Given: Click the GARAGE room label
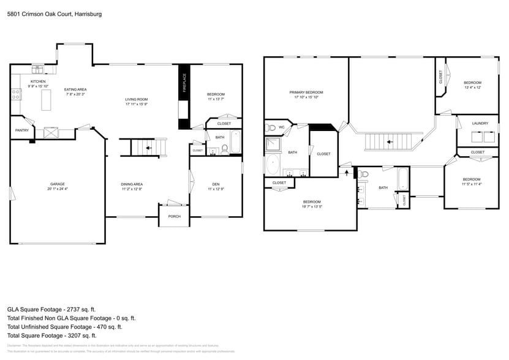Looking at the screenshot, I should pos(58,184).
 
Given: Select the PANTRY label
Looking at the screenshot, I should pos(21,130).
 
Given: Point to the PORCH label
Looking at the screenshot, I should pos(175,216).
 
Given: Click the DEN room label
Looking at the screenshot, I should pos(216,184).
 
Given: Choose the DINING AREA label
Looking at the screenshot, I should pos(132,184).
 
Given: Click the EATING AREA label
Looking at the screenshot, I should pos(75,89).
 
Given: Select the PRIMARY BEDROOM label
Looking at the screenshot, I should pos(306,92).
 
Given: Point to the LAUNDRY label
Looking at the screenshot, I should pos(480,123).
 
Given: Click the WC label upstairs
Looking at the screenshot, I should pos(282,127).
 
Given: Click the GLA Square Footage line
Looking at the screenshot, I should pos(51,310).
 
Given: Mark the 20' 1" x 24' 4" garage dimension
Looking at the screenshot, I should pos(58,189).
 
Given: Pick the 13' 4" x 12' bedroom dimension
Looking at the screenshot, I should pos(472,88).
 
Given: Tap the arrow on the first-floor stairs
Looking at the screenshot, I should pos(149,148).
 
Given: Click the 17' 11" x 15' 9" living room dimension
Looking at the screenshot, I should pos(137,104).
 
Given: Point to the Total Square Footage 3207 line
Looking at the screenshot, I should pos(52,336).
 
